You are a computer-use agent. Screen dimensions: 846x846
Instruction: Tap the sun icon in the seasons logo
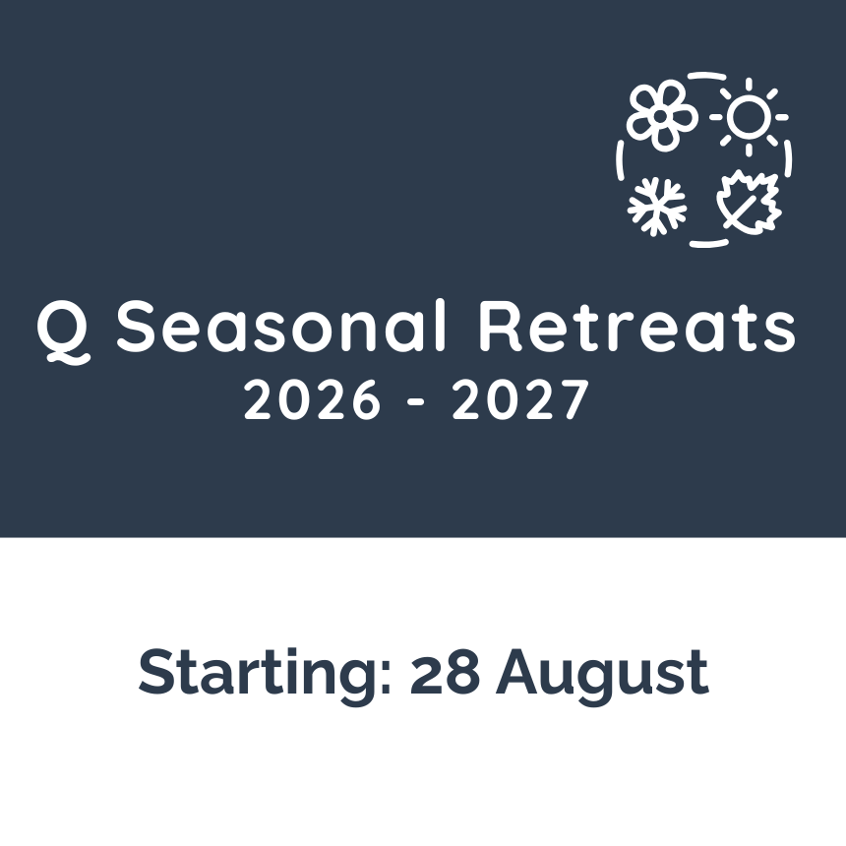click(x=749, y=116)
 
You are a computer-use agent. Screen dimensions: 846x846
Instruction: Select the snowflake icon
click(x=657, y=207)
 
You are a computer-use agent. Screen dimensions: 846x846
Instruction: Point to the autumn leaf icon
click(x=749, y=203)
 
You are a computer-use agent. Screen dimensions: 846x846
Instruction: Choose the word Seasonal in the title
click(x=281, y=326)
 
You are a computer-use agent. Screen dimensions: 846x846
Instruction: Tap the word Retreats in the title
click(x=637, y=327)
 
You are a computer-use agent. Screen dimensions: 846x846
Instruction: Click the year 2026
click(x=312, y=399)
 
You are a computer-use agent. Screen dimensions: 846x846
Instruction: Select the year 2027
click(x=519, y=399)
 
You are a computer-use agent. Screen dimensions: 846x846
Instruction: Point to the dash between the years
click(x=416, y=402)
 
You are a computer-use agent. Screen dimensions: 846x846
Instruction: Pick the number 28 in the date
click(x=445, y=672)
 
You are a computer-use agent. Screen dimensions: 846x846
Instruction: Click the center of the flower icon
click(x=660, y=116)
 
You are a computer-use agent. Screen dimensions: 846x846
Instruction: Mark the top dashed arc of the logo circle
click(x=706, y=76)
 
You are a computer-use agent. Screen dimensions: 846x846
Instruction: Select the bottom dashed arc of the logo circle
click(x=709, y=243)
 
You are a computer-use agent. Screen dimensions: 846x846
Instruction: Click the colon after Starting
click(x=386, y=677)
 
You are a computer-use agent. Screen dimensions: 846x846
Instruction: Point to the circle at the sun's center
click(x=749, y=116)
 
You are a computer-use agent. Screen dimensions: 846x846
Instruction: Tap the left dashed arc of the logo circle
click(x=620, y=159)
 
